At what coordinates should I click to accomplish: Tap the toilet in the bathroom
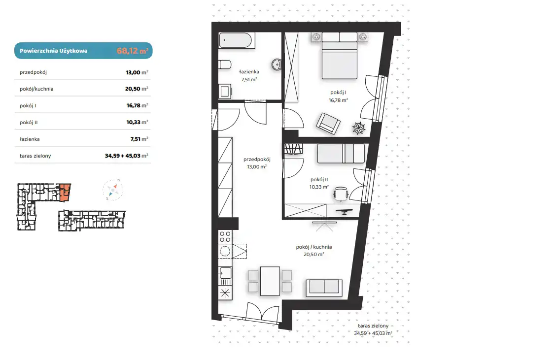[225, 65]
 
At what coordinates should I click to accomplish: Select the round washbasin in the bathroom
[277, 65]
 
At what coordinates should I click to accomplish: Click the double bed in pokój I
[339, 56]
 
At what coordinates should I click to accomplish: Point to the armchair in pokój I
[328, 123]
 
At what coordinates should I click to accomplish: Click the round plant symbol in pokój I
[358, 128]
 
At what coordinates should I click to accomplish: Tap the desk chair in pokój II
[341, 194]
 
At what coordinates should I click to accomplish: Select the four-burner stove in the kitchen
[225, 236]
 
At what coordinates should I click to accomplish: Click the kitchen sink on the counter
[225, 273]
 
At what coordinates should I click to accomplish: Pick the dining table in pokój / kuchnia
[270, 281]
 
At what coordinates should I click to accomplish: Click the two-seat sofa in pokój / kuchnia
[324, 288]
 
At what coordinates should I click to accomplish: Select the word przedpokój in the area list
[34, 72]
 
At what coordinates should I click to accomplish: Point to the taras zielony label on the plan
[373, 326]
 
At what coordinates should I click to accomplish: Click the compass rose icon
[113, 190]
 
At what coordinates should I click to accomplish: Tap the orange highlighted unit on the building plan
[65, 193]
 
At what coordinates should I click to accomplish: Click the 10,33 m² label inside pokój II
[319, 187]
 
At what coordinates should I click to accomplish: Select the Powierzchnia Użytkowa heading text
[54, 51]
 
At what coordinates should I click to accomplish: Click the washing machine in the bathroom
[225, 92]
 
